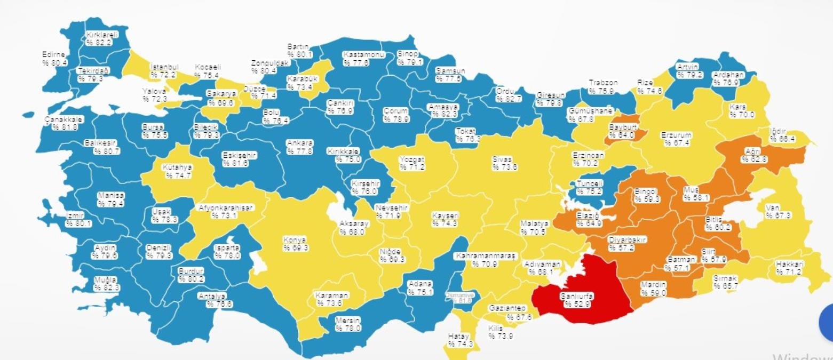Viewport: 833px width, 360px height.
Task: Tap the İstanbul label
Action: tap(164, 68)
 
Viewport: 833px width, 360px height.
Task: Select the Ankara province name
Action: tap(300, 143)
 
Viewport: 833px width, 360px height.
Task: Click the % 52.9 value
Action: tap(576, 305)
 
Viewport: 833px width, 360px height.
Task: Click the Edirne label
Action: tap(54, 54)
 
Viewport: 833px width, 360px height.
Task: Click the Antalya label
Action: tap(212, 296)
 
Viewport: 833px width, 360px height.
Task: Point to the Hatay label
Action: tap(458, 337)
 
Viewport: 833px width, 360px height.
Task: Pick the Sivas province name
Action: tap(502, 159)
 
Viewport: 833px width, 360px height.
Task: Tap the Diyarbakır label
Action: tap(628, 240)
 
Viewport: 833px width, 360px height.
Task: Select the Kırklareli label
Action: tap(102, 35)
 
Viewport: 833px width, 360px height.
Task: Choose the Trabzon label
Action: tap(603, 83)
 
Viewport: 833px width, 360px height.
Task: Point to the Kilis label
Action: tap(496, 329)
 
